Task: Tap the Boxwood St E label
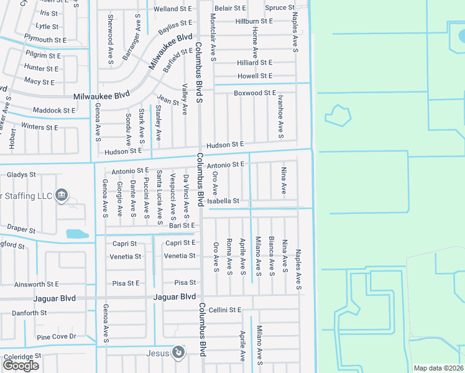(x=254, y=93)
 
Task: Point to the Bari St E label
(x=182, y=225)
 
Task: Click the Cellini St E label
(x=224, y=310)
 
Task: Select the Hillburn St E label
(x=254, y=21)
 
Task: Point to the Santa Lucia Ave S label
(x=159, y=196)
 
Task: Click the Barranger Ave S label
(x=129, y=41)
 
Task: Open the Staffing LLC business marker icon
(x=62, y=195)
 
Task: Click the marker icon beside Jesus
(x=178, y=353)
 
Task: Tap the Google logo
(x=21, y=366)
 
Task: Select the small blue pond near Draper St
(x=77, y=234)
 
